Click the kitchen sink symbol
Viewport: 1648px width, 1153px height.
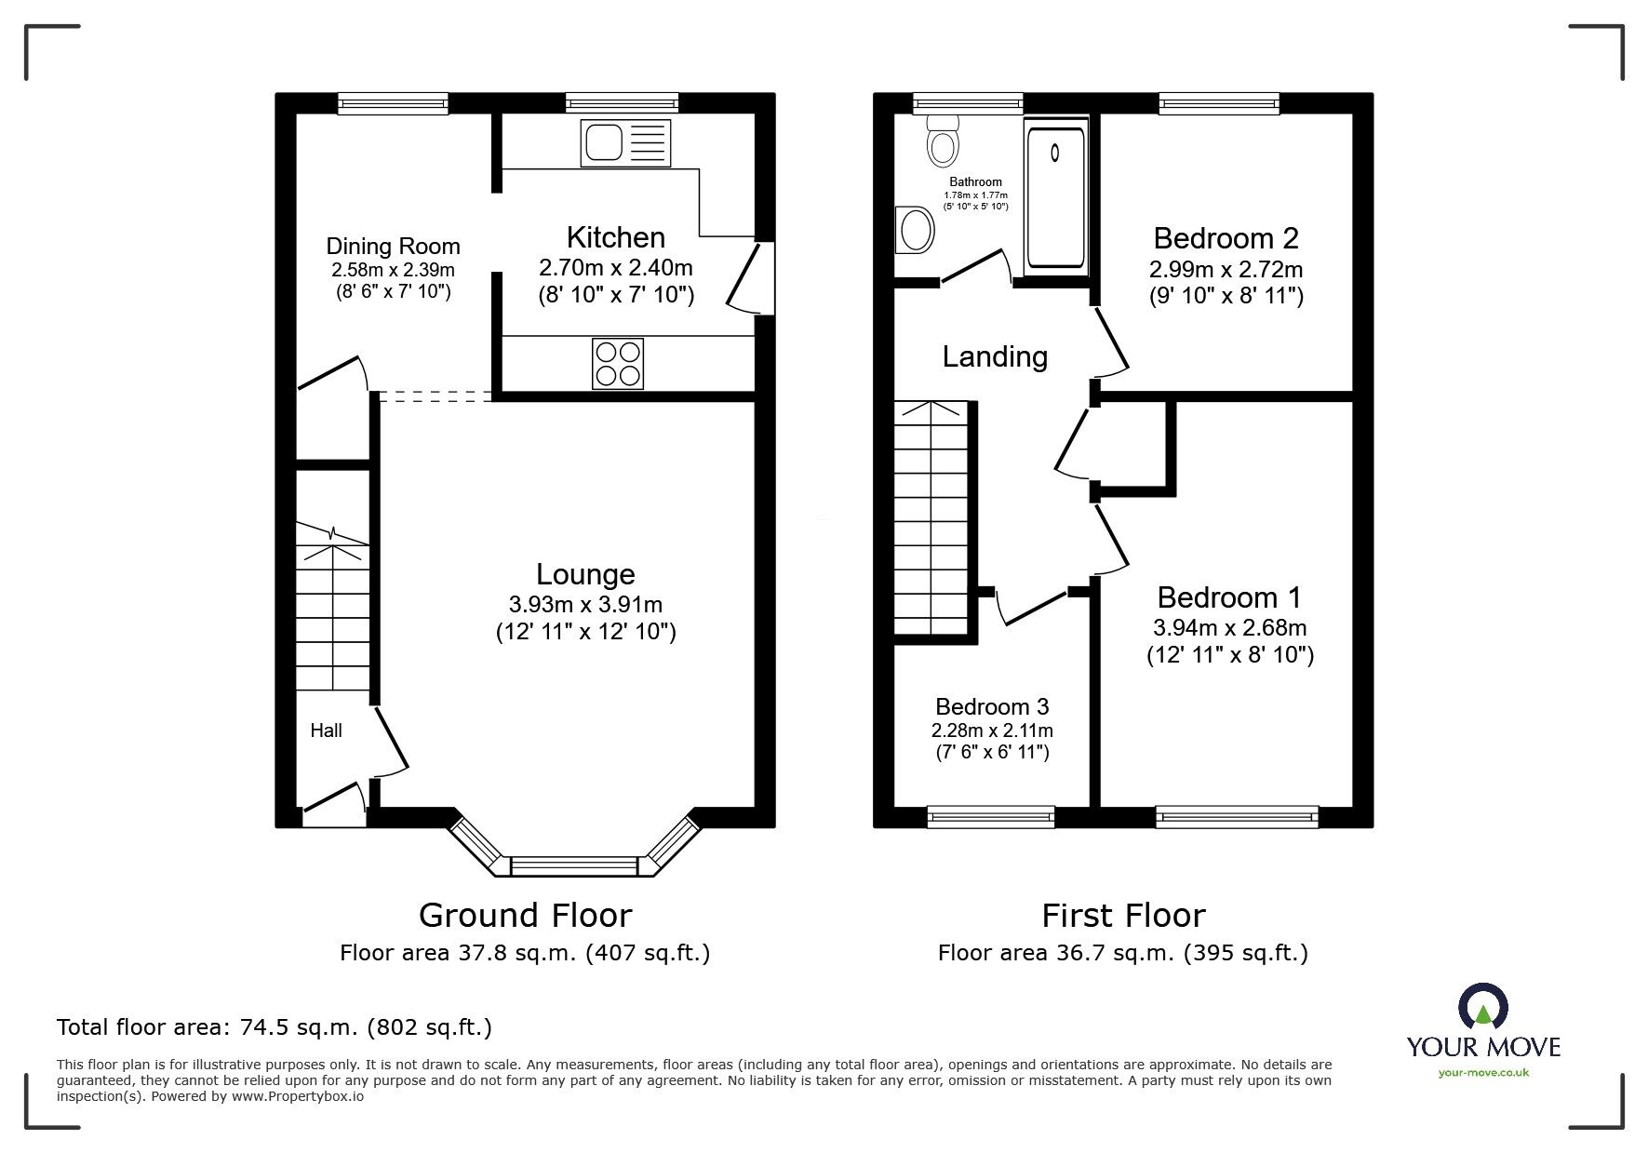pos(625,143)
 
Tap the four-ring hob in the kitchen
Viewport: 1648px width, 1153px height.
pos(618,364)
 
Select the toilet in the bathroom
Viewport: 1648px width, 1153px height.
pos(943,141)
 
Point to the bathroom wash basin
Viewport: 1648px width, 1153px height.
pos(915,230)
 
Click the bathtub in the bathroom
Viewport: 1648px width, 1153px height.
pos(1056,196)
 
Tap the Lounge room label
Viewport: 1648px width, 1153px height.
pos(585,574)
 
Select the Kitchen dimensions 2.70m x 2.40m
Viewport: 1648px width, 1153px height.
pos(616,268)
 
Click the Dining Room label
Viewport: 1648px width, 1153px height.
pos(393,247)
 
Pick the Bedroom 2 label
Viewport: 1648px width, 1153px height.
pos(1226,238)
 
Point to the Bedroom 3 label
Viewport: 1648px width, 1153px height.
pos(992,707)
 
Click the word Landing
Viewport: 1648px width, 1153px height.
pos(995,357)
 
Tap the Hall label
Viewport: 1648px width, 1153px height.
pos(326,731)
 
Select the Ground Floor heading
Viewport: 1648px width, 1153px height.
pos(525,916)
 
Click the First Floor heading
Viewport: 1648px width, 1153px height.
pos(1123,916)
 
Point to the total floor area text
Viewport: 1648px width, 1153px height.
pos(275,1027)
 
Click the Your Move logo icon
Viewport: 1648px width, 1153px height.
pos(1483,1008)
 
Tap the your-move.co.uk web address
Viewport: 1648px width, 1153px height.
pos(1483,1073)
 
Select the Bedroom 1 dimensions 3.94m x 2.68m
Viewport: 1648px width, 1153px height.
pos(1229,627)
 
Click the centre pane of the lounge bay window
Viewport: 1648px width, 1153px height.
pos(574,867)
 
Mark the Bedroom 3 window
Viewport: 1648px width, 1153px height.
pos(991,816)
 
